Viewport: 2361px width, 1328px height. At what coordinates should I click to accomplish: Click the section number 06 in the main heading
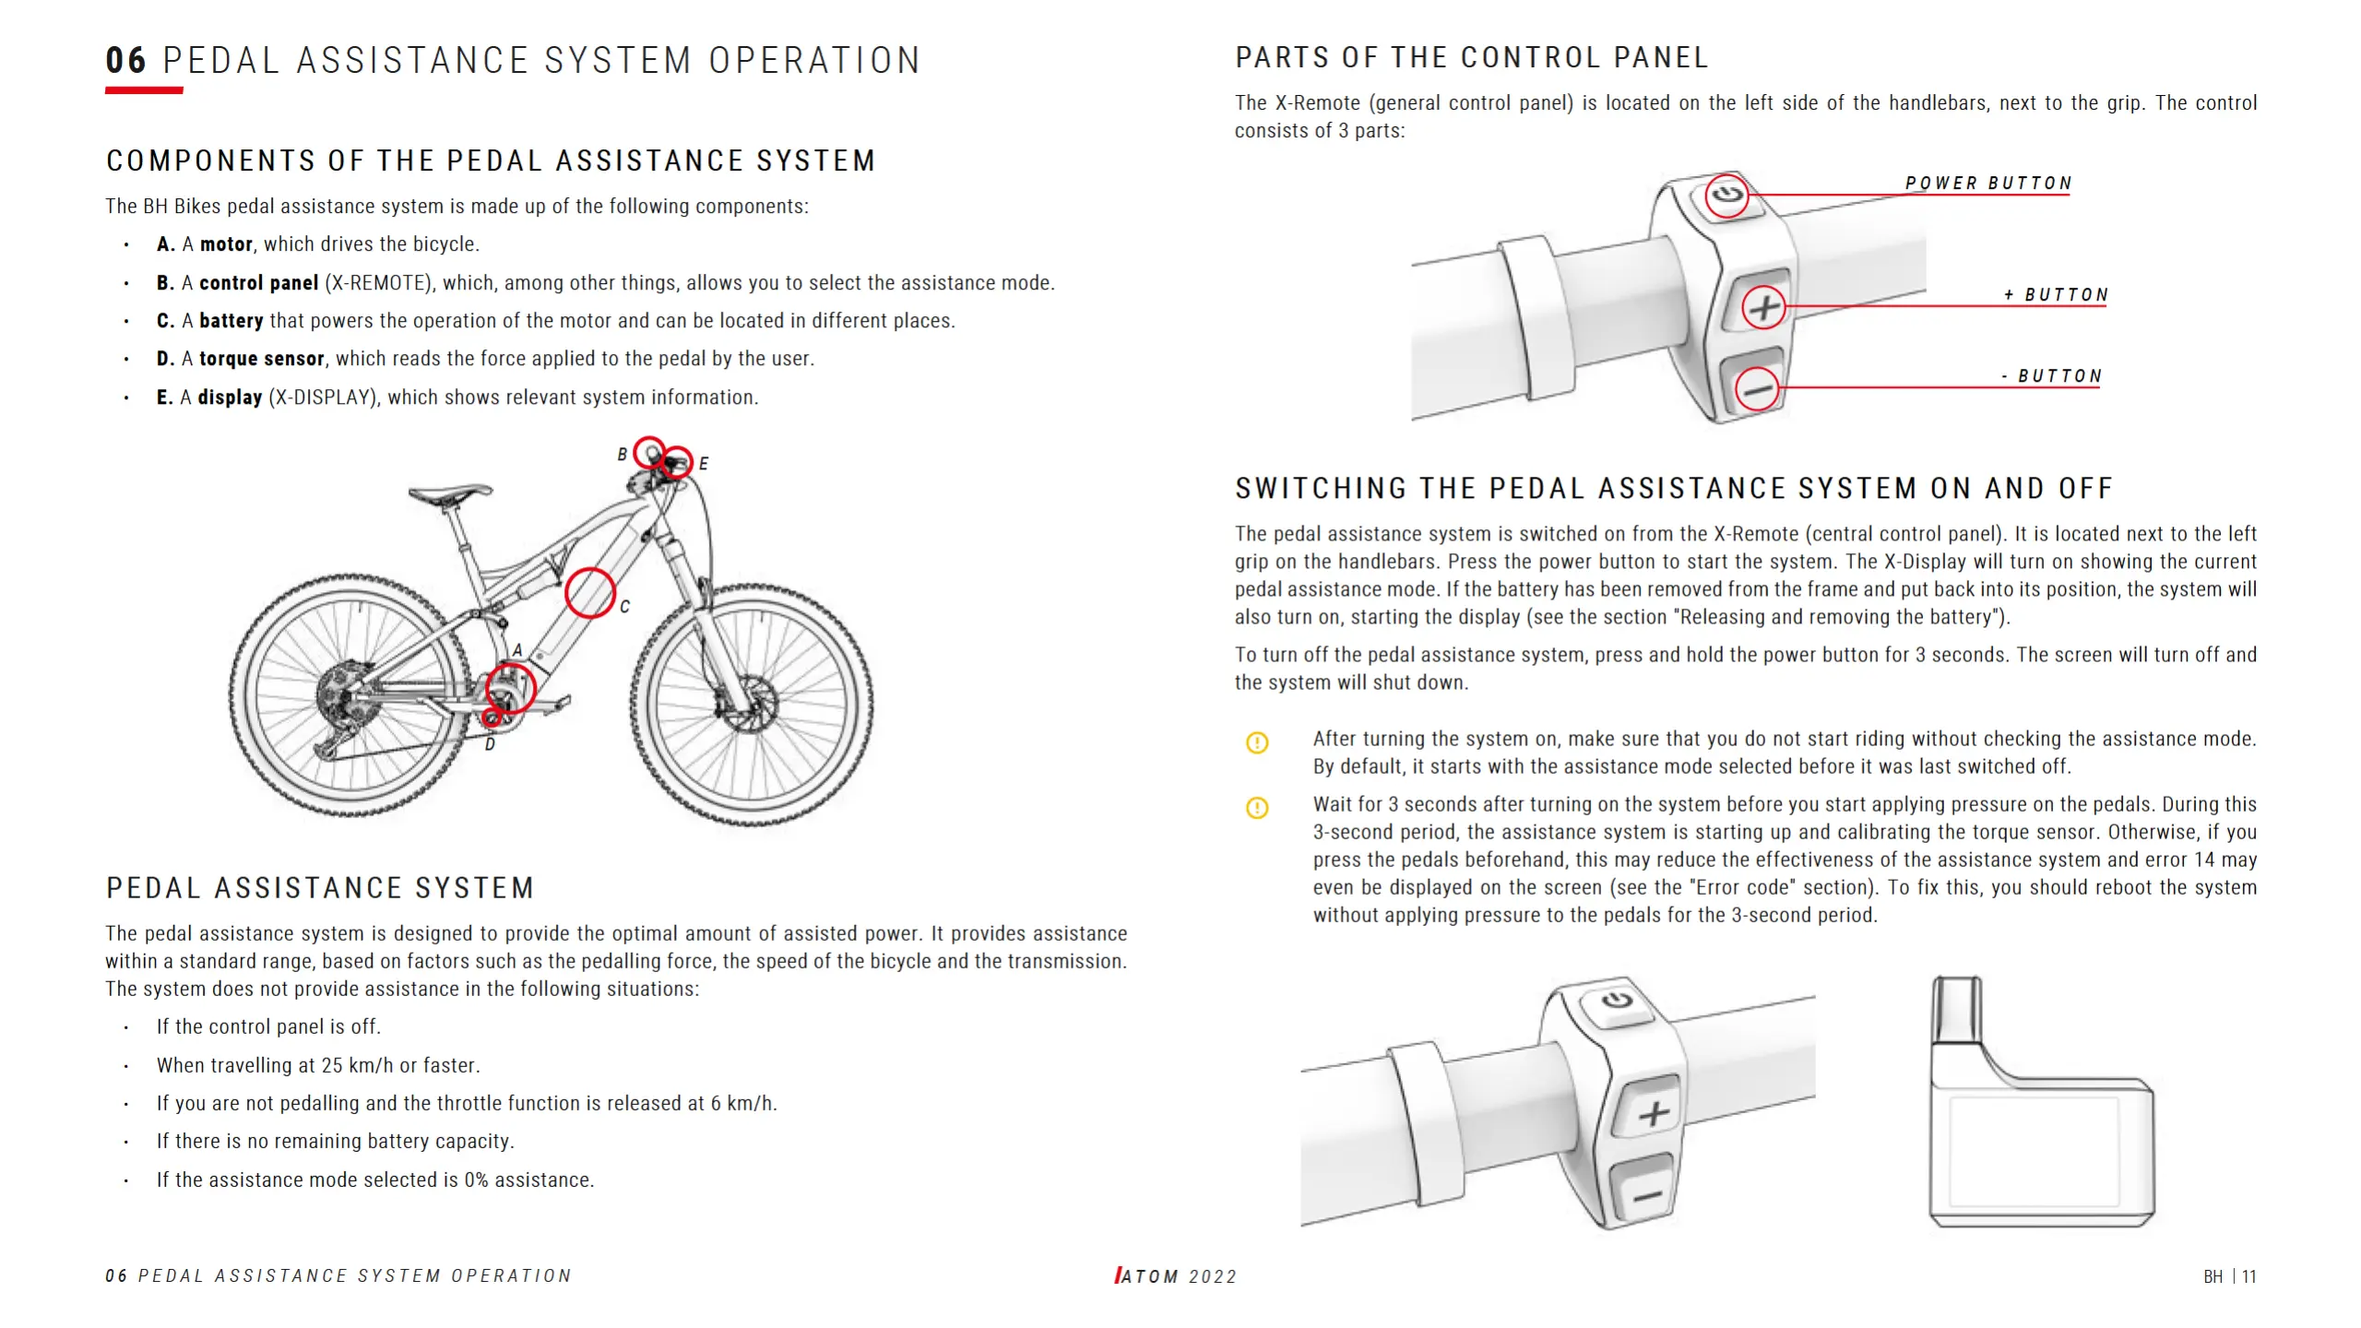pyautogui.click(x=126, y=61)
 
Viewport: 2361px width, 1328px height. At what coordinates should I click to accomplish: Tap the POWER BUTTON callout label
pyautogui.click(x=1988, y=184)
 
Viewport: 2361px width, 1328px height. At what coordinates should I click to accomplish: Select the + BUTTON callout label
pyautogui.click(x=2056, y=295)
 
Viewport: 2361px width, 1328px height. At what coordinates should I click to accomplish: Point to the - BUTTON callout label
pyautogui.click(x=2052, y=376)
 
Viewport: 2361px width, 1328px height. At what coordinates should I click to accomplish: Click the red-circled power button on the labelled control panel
pyautogui.click(x=1726, y=196)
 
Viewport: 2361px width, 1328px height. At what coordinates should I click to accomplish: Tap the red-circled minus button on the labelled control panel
pyautogui.click(x=1758, y=388)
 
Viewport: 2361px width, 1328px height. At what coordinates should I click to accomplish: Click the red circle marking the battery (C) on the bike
pyautogui.click(x=590, y=592)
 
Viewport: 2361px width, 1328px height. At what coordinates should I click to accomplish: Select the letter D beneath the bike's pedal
pyautogui.click(x=490, y=744)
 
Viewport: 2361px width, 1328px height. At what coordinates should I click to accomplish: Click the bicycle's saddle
pyautogui.click(x=451, y=493)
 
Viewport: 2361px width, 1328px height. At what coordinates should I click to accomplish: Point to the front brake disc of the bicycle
pyautogui.click(x=749, y=705)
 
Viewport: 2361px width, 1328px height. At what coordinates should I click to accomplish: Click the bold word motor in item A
pyautogui.click(x=226, y=244)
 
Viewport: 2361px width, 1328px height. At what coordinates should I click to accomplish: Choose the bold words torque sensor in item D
pyautogui.click(x=261, y=359)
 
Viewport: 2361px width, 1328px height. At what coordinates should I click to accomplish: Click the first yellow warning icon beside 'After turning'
pyautogui.click(x=1257, y=742)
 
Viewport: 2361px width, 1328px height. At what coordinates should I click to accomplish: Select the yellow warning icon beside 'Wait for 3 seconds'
pyautogui.click(x=1257, y=808)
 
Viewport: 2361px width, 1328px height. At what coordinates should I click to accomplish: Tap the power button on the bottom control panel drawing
pyautogui.click(x=1618, y=1002)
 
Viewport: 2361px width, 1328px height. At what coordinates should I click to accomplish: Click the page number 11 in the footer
pyautogui.click(x=2248, y=1276)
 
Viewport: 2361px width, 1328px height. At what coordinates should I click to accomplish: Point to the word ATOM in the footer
pyautogui.click(x=1149, y=1276)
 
